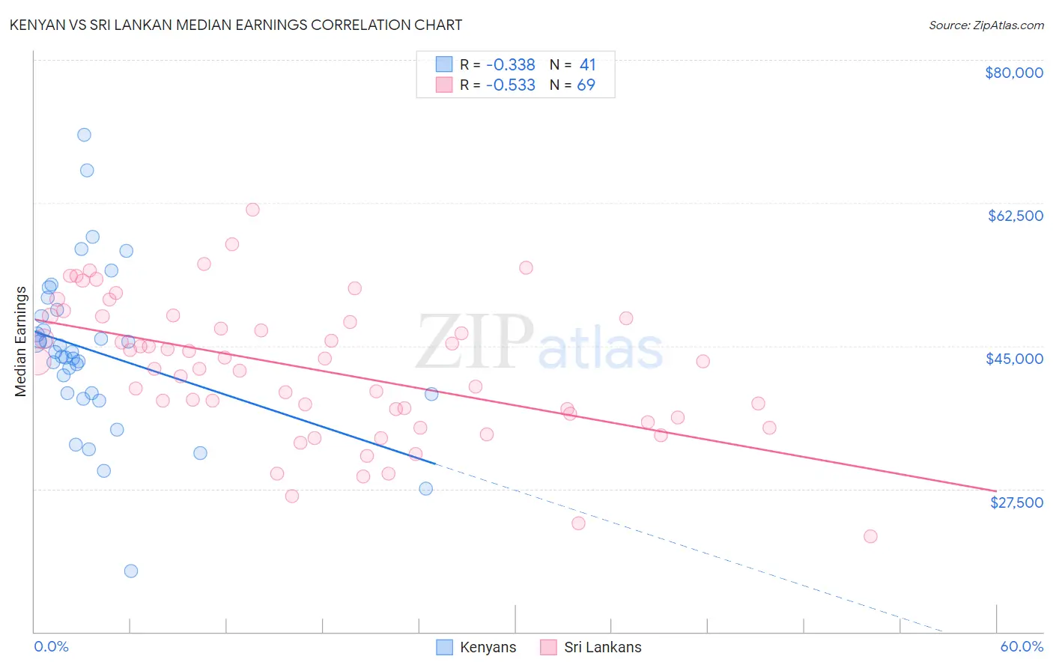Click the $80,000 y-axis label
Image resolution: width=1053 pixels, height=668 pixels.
click(1014, 73)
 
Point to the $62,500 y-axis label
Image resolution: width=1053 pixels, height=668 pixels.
click(1015, 216)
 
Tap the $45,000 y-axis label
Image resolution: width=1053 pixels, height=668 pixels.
click(1014, 359)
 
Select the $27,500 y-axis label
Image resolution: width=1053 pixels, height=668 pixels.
click(1016, 502)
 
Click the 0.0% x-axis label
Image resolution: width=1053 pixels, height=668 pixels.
click(51, 646)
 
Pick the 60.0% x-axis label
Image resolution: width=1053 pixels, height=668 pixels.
click(1022, 646)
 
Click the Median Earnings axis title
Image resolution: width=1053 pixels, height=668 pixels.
click(21, 341)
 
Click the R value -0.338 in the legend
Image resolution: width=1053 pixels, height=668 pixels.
click(510, 64)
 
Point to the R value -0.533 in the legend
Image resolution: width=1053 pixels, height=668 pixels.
click(510, 85)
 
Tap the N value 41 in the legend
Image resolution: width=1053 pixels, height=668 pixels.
click(587, 64)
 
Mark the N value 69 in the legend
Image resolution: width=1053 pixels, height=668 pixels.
click(586, 85)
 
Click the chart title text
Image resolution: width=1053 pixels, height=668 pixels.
click(235, 25)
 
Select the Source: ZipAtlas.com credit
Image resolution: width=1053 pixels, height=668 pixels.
click(986, 25)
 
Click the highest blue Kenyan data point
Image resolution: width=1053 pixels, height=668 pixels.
click(85, 135)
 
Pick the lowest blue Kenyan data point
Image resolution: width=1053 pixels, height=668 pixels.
click(131, 571)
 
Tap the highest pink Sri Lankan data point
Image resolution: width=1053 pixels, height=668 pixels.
click(252, 210)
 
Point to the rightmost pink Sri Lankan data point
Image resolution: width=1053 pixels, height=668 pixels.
click(870, 536)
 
